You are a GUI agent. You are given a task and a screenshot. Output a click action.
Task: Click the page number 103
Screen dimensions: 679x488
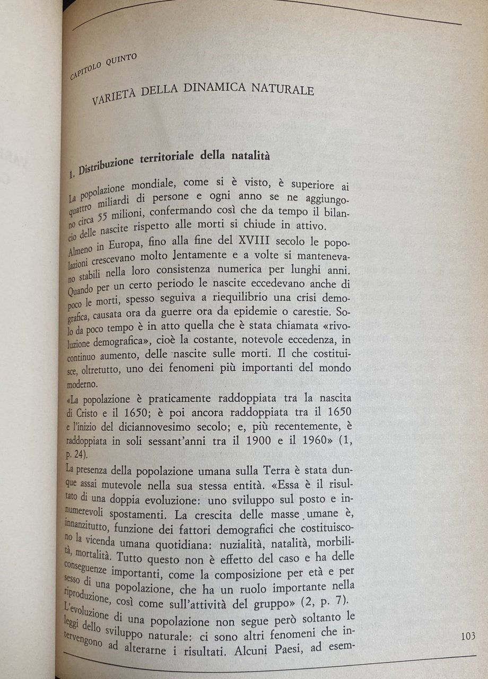pos(468,637)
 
